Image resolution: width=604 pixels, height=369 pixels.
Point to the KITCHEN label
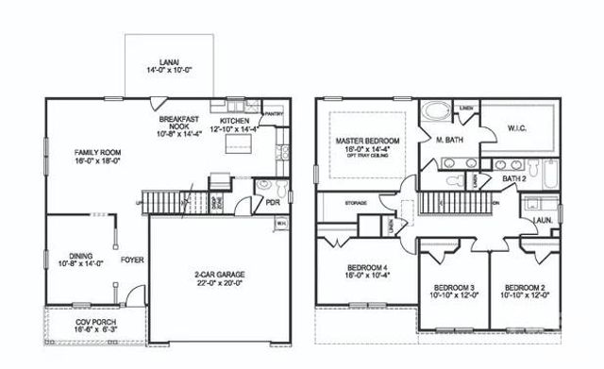pyautogui.click(x=234, y=122)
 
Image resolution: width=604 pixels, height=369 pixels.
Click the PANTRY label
pyautogui.click(x=275, y=113)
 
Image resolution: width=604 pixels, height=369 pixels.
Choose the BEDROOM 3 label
pyautogui.click(x=454, y=287)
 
